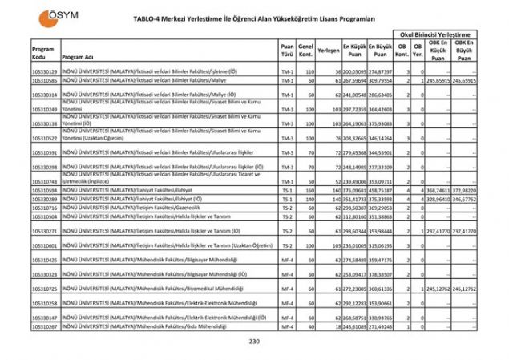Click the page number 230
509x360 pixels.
pyautogui.click(x=255, y=342)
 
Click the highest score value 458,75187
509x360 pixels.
pyautogui.click(x=382, y=190)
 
